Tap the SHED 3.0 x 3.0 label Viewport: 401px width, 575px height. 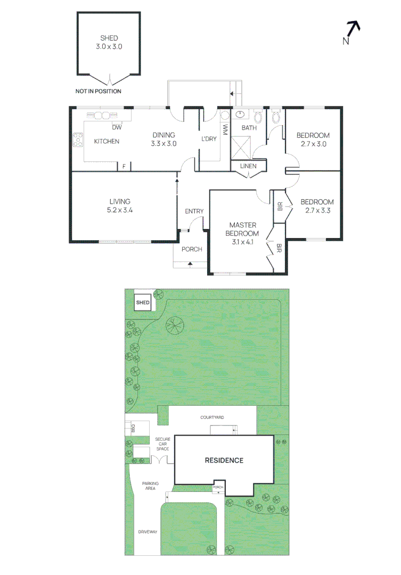tap(109, 42)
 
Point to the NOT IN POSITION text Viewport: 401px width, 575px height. tap(98, 92)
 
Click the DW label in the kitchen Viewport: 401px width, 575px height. tap(117, 127)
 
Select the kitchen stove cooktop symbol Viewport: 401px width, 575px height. tap(78, 139)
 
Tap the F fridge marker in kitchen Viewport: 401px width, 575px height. tap(124, 167)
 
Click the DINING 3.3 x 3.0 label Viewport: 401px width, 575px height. tap(163, 139)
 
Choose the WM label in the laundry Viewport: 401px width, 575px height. tap(225, 129)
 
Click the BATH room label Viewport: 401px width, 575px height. tap(249, 128)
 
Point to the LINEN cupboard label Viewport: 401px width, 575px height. tap(248, 166)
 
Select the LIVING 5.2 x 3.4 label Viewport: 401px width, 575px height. tap(120, 206)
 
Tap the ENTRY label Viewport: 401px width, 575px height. tap(194, 211)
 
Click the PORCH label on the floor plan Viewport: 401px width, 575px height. tap(192, 249)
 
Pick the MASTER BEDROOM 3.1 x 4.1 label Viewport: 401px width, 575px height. tap(244, 233)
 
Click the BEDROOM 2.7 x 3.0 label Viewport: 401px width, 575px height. tap(313, 139)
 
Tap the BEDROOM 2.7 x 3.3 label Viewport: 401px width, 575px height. tap(317, 206)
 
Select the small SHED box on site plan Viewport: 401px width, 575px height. tap(143, 302)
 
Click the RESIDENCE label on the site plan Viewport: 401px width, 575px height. tap(224, 461)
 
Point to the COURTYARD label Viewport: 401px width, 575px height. tap(211, 417)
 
